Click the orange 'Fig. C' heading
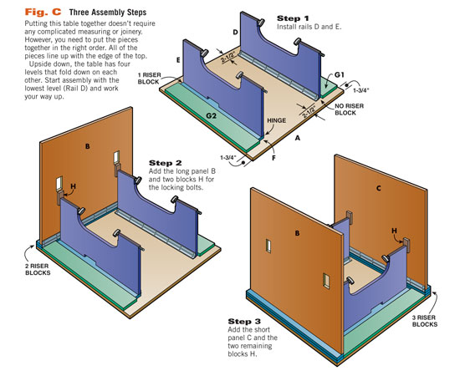43,12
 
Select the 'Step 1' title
293,18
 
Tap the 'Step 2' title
165,163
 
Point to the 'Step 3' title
244,322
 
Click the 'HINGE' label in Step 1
276,120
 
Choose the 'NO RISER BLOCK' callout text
349,109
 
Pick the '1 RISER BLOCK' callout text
150,79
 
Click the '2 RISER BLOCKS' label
38,269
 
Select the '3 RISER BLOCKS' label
425,321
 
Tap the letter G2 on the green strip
211,116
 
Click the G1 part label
339,75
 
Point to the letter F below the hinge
273,158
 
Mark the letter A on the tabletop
298,138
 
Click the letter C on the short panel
378,188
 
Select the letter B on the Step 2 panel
88,146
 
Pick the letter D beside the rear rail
235,33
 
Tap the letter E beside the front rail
178,60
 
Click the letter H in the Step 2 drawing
73,186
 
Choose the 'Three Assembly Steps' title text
108,13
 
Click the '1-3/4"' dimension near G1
360,90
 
